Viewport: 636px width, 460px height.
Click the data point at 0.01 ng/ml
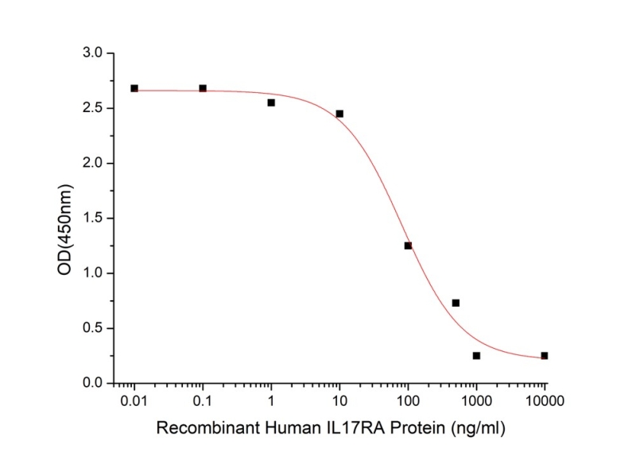[134, 88]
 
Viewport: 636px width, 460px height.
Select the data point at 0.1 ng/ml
[203, 88]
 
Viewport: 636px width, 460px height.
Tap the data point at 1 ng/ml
[271, 102]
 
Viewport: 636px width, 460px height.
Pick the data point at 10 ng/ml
[339, 114]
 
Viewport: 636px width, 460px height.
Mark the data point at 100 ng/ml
[408, 245]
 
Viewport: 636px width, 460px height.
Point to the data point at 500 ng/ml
[456, 303]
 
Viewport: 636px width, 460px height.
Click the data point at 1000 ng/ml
[476, 356]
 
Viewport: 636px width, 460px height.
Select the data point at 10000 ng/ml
[545, 356]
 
